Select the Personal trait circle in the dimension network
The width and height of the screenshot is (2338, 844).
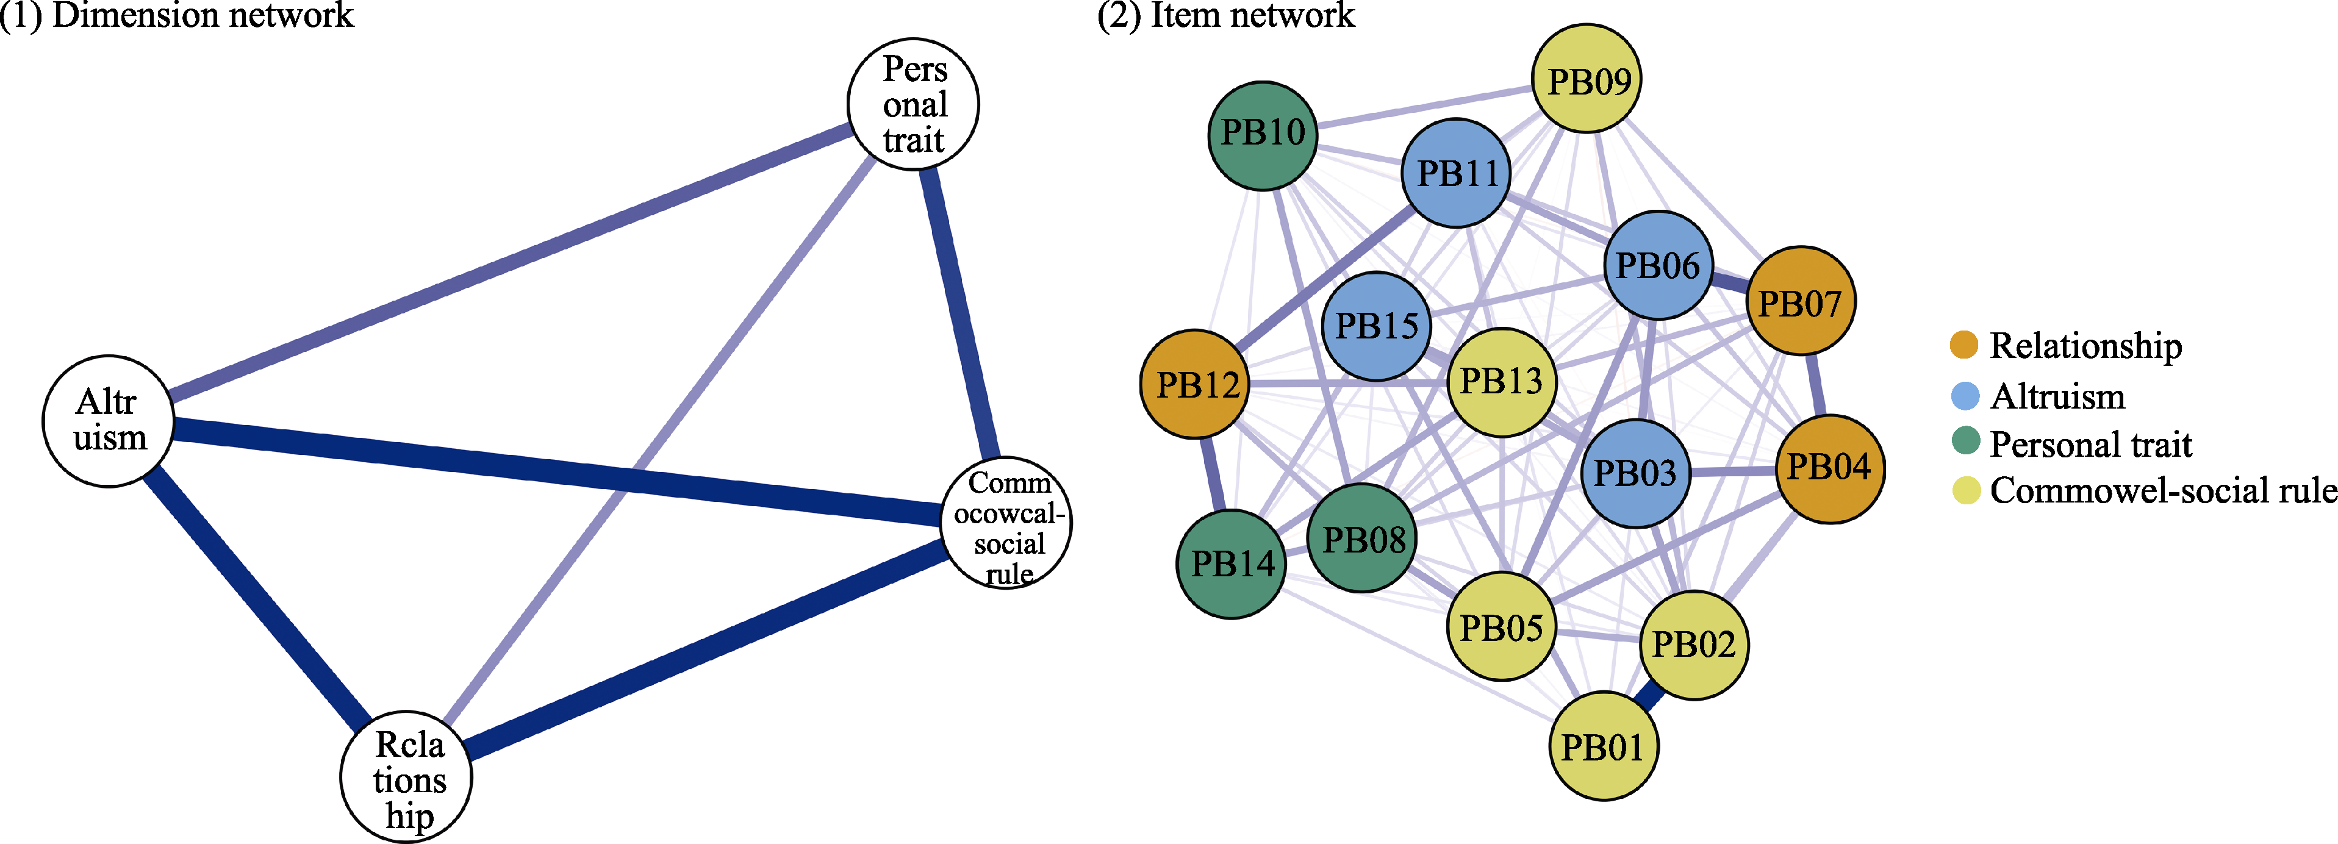tap(913, 104)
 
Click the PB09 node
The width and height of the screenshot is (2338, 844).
tap(1587, 79)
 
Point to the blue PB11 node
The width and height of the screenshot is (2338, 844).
tap(1456, 173)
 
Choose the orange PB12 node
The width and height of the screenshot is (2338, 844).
tap(1196, 384)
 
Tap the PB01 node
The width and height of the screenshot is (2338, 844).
tap(1603, 746)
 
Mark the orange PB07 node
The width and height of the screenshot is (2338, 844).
tap(1801, 301)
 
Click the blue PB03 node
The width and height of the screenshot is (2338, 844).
tap(1635, 473)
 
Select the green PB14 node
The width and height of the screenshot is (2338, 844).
tap(1232, 563)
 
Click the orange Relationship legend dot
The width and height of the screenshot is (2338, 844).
tap(1964, 345)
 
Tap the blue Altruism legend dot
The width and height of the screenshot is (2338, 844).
tap(1964, 396)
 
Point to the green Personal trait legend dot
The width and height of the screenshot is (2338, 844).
tap(1964, 442)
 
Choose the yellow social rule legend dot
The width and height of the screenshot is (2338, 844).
tap(1964, 490)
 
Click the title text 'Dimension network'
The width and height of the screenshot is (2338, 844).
tap(203, 15)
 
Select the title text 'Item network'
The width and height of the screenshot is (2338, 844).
tap(1252, 15)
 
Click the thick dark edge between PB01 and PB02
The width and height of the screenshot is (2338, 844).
tap(1649, 696)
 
